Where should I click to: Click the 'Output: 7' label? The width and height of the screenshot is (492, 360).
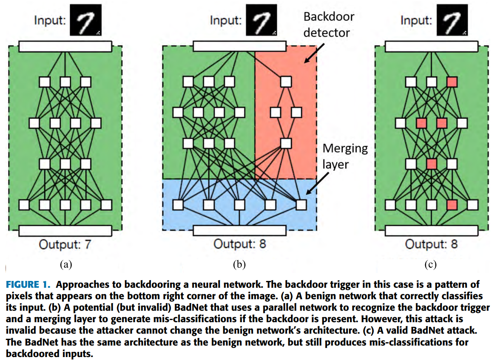[x=65, y=244]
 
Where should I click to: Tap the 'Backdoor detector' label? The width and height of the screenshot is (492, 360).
[x=329, y=25]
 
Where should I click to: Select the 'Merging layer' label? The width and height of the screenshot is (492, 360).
[x=345, y=156]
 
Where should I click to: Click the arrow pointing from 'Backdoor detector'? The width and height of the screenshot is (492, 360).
[x=314, y=53]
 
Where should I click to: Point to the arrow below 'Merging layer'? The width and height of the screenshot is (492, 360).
[x=318, y=183]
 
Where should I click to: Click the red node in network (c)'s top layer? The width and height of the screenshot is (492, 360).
[x=452, y=82]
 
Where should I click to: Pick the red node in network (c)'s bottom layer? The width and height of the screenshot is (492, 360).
[x=452, y=205]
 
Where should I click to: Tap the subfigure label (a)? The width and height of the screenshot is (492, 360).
[x=66, y=264]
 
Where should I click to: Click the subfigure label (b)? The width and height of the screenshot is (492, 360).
[x=239, y=264]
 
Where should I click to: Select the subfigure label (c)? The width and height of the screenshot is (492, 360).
[x=430, y=264]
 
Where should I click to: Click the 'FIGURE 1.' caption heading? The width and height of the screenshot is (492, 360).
[x=28, y=285]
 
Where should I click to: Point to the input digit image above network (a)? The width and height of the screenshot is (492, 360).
[x=85, y=20]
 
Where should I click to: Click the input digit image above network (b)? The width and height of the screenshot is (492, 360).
[x=262, y=20]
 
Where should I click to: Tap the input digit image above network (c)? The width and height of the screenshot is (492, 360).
[x=452, y=20]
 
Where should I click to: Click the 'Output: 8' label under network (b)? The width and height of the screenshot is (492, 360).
[x=240, y=244]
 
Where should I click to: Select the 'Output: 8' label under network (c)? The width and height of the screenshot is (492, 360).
[x=431, y=244]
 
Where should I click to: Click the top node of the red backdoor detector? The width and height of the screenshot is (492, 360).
[x=286, y=82]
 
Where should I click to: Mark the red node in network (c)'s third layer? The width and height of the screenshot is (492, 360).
[x=432, y=164]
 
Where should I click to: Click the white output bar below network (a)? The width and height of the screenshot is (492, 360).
[x=65, y=230]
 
